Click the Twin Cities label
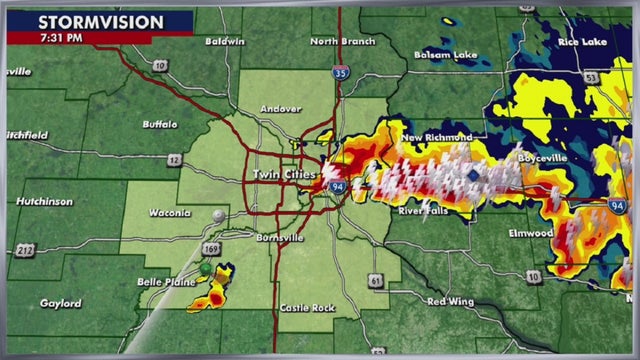point(283,175)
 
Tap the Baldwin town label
point(224,42)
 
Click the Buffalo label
point(159,126)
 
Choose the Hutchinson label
point(44,201)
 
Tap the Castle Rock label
point(306,307)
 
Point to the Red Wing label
point(448,301)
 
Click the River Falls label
point(424,211)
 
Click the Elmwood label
point(530,233)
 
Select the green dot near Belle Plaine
point(205,269)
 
